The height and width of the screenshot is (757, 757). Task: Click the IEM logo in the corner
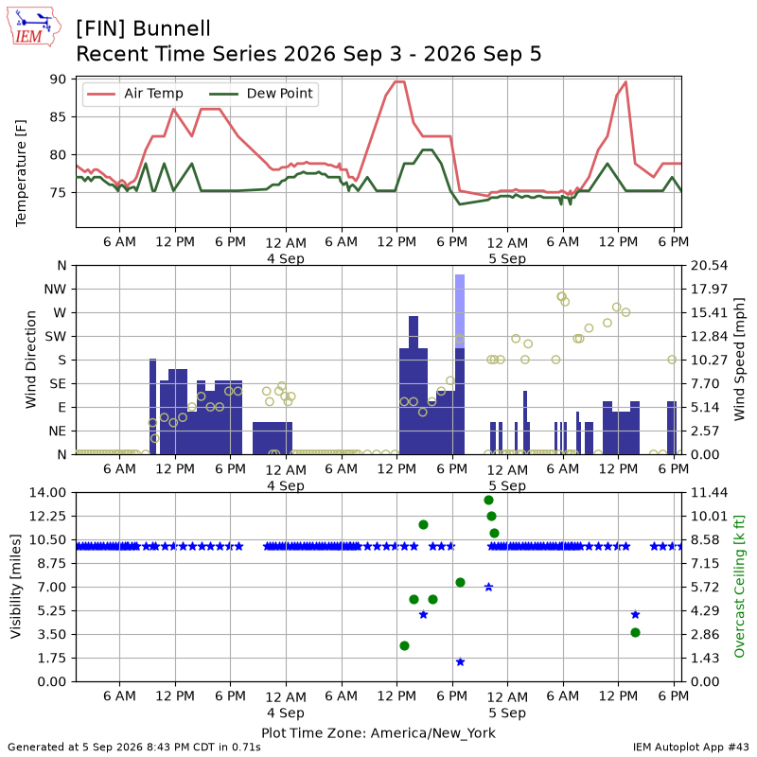(33, 26)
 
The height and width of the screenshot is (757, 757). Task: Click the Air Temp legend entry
(133, 94)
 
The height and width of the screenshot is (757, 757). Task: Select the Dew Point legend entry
(261, 94)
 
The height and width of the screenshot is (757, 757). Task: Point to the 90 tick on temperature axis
(57, 79)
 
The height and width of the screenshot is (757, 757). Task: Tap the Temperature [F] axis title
(21, 173)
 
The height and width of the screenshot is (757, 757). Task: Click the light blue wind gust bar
(460, 311)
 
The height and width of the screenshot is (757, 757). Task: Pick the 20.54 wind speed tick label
(709, 266)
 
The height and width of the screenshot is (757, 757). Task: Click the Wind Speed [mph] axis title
(739, 360)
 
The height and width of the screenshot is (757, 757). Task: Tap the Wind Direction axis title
(31, 360)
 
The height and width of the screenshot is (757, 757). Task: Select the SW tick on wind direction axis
(56, 337)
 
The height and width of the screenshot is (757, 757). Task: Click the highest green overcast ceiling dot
(488, 501)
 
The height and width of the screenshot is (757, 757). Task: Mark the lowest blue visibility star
(460, 661)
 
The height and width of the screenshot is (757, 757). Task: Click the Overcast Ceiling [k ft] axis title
(739, 586)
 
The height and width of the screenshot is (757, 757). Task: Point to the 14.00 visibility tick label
(48, 493)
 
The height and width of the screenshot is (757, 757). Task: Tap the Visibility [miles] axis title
(16, 586)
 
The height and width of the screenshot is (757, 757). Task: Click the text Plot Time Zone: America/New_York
(378, 732)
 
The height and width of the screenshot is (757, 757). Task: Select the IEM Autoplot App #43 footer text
(691, 748)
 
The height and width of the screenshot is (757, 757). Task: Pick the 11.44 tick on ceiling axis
(709, 493)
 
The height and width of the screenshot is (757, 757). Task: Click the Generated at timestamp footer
(134, 748)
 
